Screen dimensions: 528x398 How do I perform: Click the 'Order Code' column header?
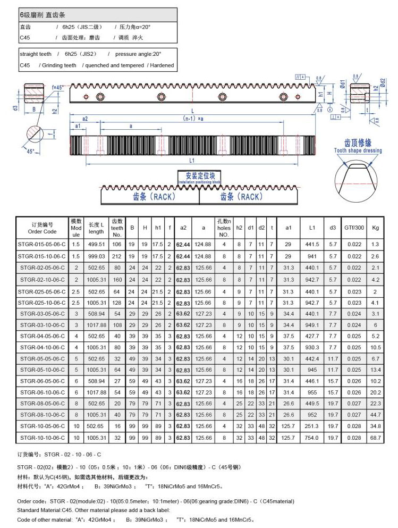42,228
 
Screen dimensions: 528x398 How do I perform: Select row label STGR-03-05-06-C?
42,314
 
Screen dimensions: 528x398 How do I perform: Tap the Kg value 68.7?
376,438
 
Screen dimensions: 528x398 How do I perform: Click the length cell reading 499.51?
96,244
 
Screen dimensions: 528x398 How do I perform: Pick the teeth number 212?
117,256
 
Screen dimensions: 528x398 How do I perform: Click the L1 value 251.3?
311,426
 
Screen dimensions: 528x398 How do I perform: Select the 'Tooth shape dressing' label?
358,150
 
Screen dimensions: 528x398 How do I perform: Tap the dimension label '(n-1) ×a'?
193,118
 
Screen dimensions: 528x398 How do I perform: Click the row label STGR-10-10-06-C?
42,438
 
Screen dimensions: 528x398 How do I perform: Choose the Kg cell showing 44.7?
376,415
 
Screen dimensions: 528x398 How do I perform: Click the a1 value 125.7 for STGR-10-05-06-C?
288,426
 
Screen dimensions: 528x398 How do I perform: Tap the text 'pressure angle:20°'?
134,54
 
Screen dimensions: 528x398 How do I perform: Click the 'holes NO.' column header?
224,228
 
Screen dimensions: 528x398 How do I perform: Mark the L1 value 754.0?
311,438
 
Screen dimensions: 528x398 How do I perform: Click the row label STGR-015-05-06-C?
42,244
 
